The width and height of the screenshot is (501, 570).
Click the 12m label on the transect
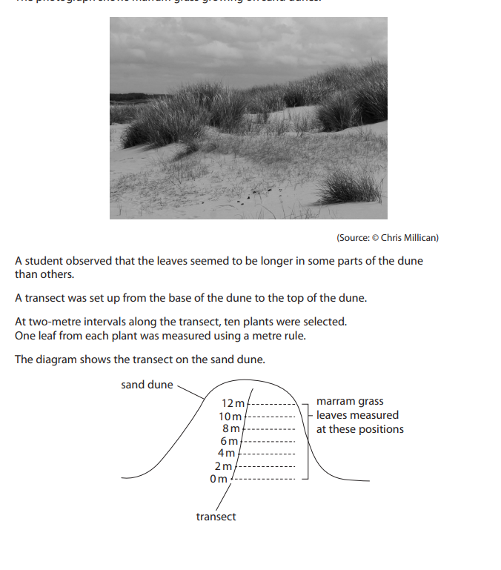coord(232,403)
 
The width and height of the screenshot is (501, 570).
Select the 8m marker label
coord(231,428)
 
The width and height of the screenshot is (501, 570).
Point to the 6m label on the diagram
coord(229,441)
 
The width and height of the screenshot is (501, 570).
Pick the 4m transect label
coord(226,453)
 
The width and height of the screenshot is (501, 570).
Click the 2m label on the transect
coord(222,465)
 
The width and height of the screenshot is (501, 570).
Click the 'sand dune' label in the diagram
coord(147,385)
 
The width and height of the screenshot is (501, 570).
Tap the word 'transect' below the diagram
coord(216,517)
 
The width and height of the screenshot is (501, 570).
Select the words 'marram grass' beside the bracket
coord(350,401)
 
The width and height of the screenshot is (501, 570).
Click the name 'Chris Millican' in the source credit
coord(409,238)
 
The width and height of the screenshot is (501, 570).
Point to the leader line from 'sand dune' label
coord(189,391)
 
